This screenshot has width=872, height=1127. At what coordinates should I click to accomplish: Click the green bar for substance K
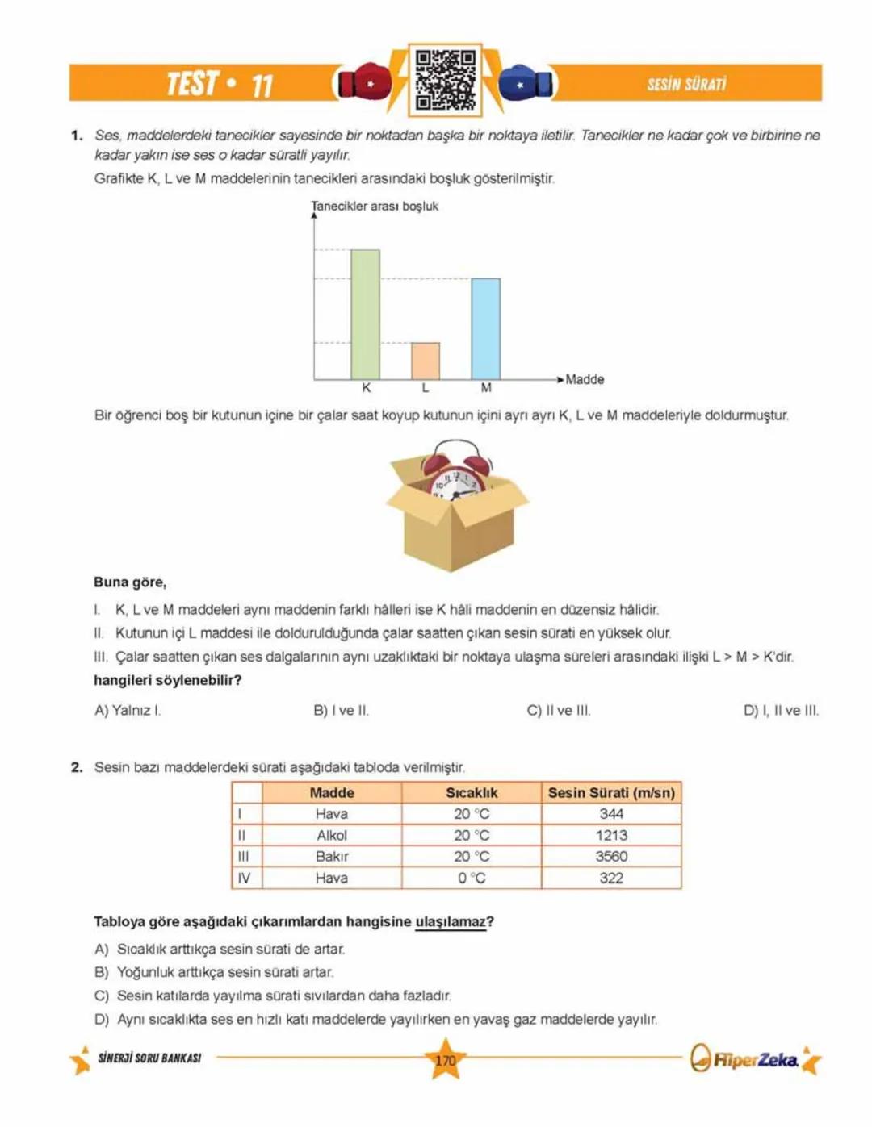coord(365,315)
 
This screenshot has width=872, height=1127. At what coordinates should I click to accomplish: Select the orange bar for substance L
coord(426,361)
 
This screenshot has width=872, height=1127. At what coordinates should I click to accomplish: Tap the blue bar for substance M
coord(485,328)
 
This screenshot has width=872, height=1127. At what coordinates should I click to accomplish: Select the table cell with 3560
coord(611,857)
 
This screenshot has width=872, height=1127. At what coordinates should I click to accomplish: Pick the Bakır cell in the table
coord(332,857)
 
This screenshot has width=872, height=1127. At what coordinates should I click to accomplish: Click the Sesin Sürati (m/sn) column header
coord(611,793)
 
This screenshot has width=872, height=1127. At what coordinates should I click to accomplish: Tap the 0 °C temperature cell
coord(472,879)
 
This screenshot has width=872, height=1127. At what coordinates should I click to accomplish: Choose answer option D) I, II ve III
coord(781,711)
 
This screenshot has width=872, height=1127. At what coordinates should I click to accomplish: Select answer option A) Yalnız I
coord(128,711)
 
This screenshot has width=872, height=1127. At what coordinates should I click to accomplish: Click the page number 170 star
coord(445,1060)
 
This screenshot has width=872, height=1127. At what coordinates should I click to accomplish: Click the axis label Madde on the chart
coord(585,379)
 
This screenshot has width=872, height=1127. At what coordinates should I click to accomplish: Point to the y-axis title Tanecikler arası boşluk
coord(375,207)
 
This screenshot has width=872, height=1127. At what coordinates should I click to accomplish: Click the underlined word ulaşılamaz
coord(451,922)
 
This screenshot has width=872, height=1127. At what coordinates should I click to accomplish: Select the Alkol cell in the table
coord(332,836)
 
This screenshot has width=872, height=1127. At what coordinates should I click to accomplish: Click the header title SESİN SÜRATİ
coord(686,84)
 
